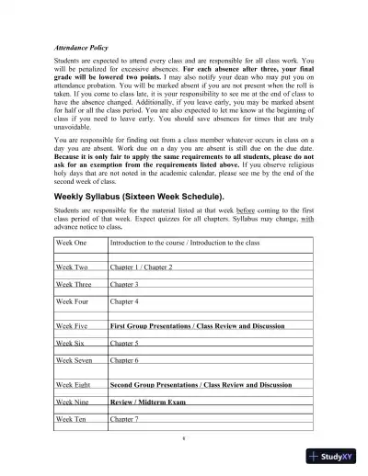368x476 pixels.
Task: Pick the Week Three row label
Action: pos(74,284)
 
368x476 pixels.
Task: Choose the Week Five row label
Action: pos(72,325)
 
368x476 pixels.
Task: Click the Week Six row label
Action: pos(70,342)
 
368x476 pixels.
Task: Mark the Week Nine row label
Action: pos(72,402)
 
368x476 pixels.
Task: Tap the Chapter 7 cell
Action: pos(124,419)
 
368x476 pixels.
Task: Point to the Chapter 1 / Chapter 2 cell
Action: pos(141,266)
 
